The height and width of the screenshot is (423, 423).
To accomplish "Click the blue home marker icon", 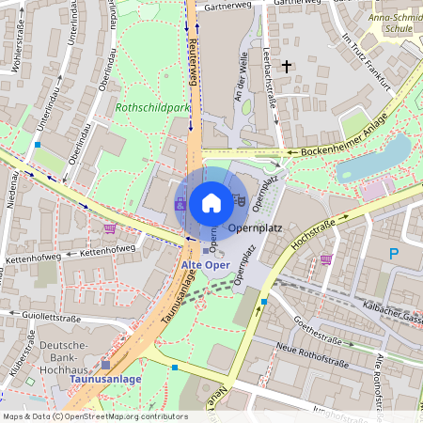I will (211, 203).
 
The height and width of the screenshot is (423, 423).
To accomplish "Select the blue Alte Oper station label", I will (205, 266).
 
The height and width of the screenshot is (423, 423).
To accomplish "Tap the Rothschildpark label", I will (151, 108).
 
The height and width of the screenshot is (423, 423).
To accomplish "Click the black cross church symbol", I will (286, 66).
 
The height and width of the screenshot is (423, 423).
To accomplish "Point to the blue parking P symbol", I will (394, 253).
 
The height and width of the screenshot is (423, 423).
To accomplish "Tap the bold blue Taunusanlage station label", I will (110, 379).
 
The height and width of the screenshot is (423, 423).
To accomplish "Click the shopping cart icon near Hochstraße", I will (326, 259).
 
